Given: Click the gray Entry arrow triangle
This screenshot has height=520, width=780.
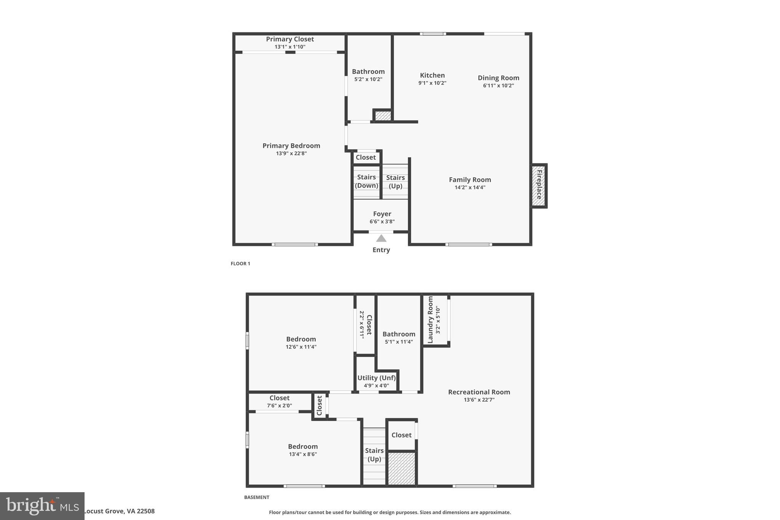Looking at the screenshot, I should (x=381, y=238).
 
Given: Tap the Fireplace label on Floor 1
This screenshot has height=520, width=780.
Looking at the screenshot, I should (x=539, y=185).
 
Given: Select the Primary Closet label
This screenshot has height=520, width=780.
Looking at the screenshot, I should (x=290, y=39).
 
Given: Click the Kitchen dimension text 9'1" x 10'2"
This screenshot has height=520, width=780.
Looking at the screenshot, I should (x=432, y=83).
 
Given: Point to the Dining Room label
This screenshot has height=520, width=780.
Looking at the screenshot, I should (x=499, y=78).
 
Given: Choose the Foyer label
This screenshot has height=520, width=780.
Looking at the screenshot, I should (x=382, y=214).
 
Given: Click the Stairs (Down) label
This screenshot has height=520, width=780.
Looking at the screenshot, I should (x=366, y=181).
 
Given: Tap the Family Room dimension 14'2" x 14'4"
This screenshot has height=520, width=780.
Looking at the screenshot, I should (x=470, y=187).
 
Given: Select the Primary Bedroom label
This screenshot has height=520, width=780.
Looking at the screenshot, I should (x=291, y=146).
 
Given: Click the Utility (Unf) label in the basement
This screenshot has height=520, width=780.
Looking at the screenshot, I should (x=376, y=378).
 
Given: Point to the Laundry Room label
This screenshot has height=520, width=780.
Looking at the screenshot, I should (x=430, y=320).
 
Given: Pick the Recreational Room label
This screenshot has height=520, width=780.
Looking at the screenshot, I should (x=479, y=392).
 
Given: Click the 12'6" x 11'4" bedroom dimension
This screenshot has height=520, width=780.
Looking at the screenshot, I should (x=301, y=347).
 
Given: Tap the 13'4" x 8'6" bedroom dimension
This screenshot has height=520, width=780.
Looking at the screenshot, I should (x=303, y=454).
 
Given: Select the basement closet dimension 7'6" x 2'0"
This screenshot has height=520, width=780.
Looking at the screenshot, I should (x=280, y=406).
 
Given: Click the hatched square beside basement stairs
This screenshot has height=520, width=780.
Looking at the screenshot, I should (x=401, y=468).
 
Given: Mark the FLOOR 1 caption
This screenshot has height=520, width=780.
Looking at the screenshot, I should (x=240, y=264).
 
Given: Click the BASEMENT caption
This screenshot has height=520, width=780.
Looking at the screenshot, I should (x=257, y=497).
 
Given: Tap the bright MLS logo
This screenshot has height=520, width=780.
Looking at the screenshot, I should (x=42, y=506).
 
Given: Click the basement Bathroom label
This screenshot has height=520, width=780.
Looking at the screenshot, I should (x=399, y=334).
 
